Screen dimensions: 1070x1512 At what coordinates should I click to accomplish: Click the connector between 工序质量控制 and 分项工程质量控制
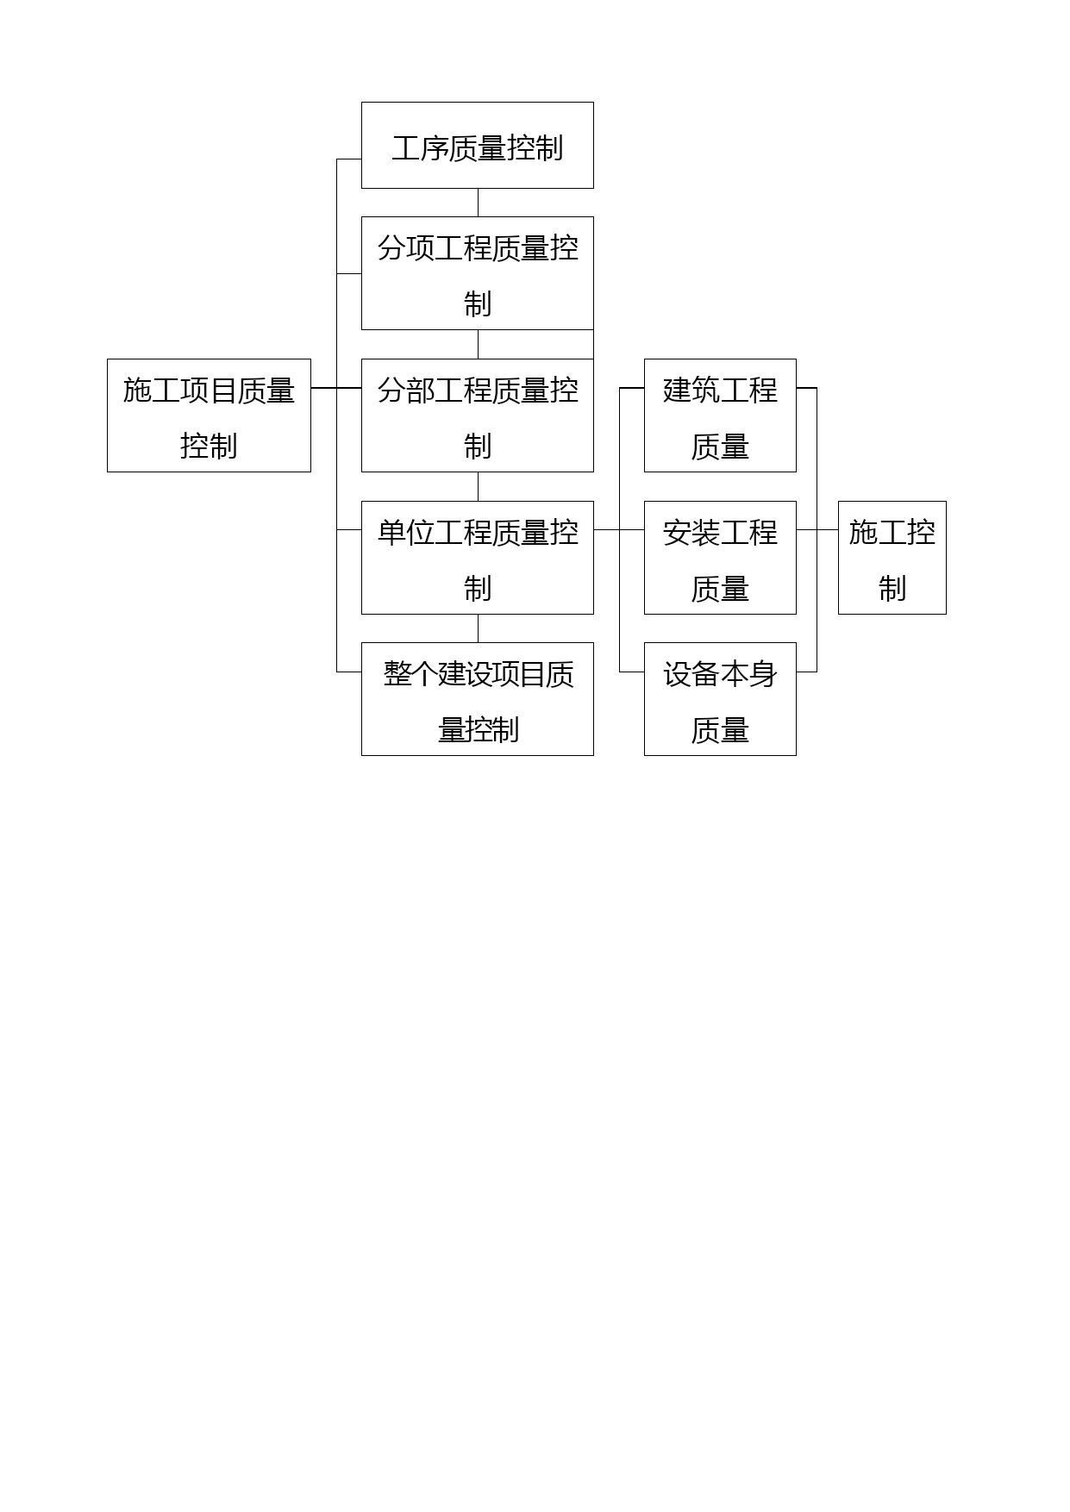(478, 203)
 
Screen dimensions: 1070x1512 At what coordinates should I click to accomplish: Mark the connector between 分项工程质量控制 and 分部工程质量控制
(478, 345)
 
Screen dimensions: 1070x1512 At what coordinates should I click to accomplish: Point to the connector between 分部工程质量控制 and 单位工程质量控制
(478, 487)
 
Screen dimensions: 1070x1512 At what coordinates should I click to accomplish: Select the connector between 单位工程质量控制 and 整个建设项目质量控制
(478, 628)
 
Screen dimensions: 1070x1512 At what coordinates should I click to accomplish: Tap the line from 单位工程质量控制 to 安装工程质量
(619, 529)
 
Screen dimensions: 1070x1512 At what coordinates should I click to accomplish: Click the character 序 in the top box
(435, 148)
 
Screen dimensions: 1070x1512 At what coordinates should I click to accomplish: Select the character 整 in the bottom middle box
(397, 674)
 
